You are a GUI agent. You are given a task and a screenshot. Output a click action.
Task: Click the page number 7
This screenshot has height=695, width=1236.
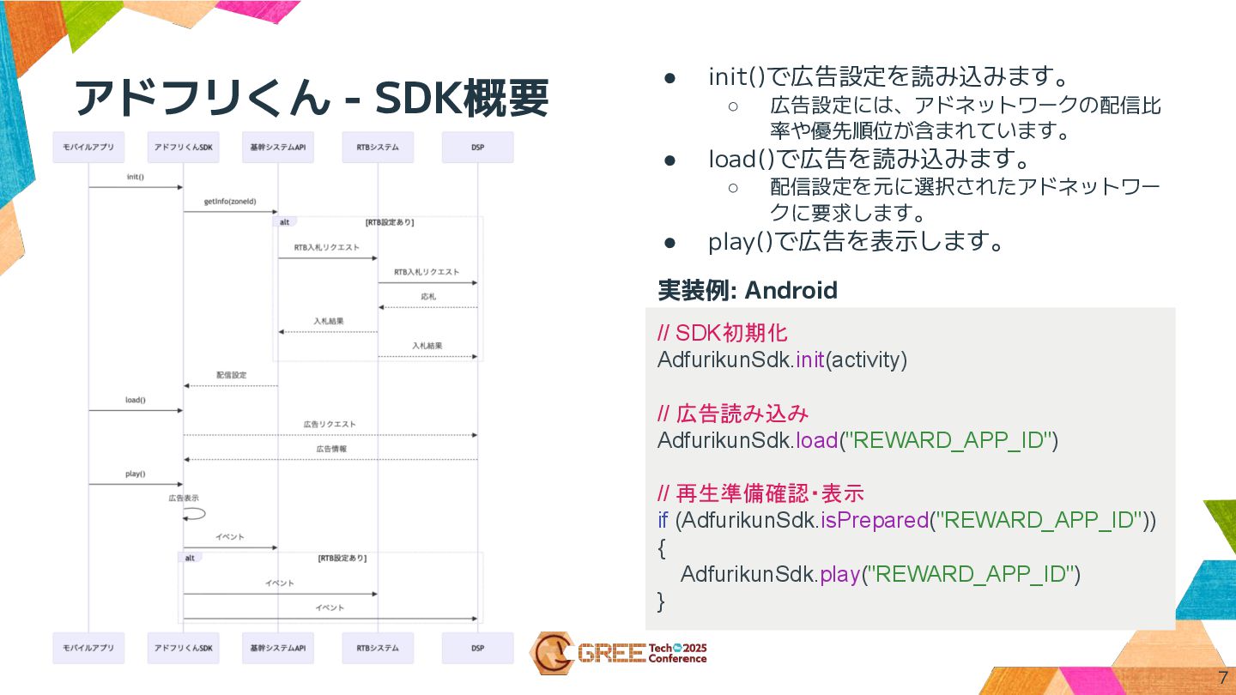point(1222,676)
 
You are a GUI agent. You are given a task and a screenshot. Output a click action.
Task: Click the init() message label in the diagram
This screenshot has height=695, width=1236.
point(136,178)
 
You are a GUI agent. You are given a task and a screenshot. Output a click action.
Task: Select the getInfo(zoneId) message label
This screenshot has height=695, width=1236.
point(229,202)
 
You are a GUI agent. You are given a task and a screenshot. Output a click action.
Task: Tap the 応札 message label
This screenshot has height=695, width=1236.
point(428,297)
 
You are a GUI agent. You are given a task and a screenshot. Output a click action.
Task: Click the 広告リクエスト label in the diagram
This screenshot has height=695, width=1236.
point(330,425)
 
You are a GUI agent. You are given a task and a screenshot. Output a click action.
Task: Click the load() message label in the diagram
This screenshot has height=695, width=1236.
point(136,400)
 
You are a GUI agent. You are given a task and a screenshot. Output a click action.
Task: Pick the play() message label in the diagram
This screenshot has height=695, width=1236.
point(136,474)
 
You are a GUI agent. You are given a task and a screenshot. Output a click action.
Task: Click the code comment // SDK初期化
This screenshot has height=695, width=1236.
point(722,333)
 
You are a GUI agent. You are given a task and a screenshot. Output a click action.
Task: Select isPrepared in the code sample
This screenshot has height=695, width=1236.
point(875,520)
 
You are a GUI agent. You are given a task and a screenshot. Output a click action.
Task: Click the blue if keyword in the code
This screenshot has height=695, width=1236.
point(663,520)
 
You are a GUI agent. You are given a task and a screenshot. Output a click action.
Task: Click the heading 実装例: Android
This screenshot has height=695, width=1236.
point(747,290)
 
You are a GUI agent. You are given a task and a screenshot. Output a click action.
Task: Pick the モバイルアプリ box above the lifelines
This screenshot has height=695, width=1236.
point(88,148)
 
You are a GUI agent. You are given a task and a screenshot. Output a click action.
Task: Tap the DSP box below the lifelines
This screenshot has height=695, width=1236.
point(477,648)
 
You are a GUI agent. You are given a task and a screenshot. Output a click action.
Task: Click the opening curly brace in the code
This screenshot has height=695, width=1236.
point(662,547)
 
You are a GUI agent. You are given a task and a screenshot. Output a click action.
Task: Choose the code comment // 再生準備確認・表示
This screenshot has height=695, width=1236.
point(760,493)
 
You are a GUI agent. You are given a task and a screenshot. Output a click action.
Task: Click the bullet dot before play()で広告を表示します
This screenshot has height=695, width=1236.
point(671,243)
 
